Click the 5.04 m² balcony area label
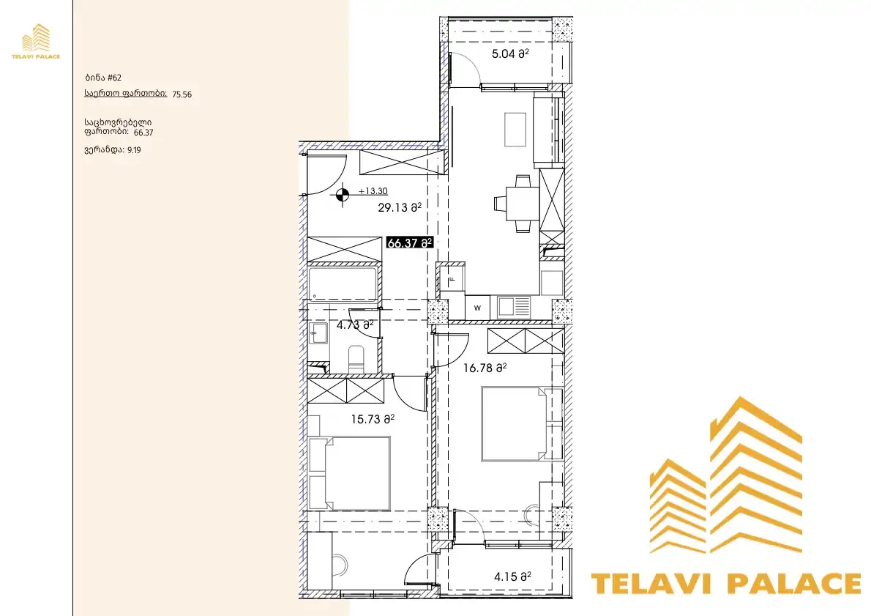(510, 54)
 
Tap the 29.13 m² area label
(400, 208)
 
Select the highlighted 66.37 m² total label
(409, 243)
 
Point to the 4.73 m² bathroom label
(354, 325)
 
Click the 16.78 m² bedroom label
(485, 368)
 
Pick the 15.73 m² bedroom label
(373, 419)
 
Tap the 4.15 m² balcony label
(512, 577)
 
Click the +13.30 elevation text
(373, 191)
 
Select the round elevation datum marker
(343, 195)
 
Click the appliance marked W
(477, 308)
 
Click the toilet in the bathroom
(356, 359)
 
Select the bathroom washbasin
(318, 333)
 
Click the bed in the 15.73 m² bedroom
(349, 473)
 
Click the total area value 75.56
(182, 94)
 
